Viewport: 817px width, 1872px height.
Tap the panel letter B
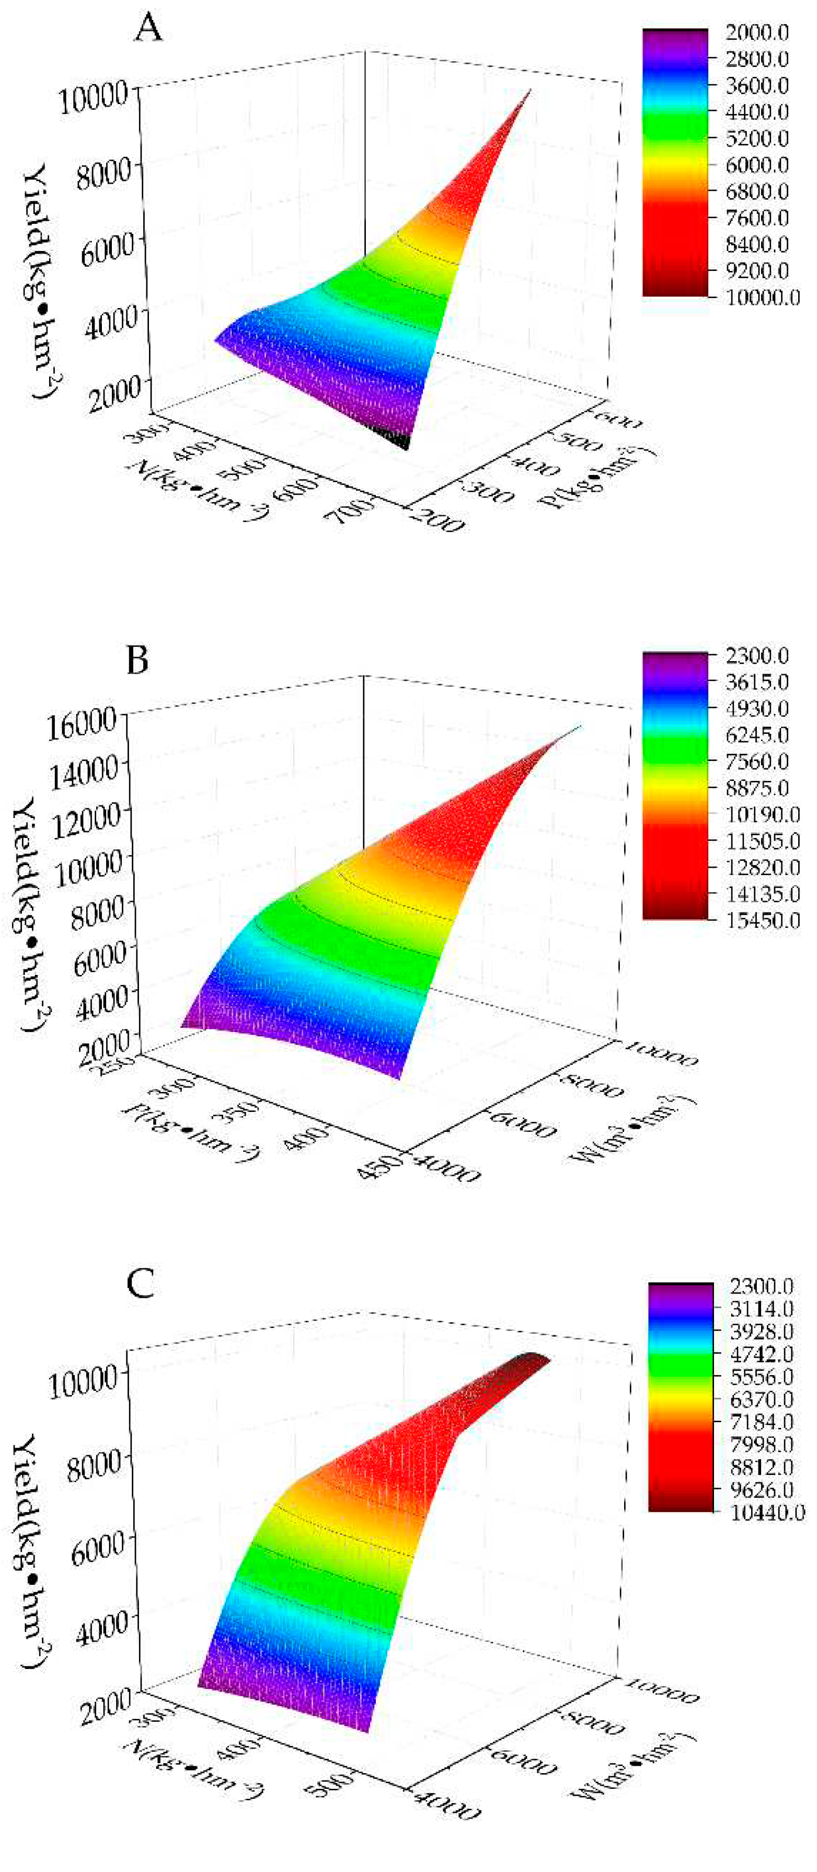click(137, 661)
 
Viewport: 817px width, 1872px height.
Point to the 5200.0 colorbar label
click(757, 138)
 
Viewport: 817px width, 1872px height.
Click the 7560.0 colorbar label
click(757, 762)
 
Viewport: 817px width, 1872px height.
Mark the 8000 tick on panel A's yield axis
click(102, 172)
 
